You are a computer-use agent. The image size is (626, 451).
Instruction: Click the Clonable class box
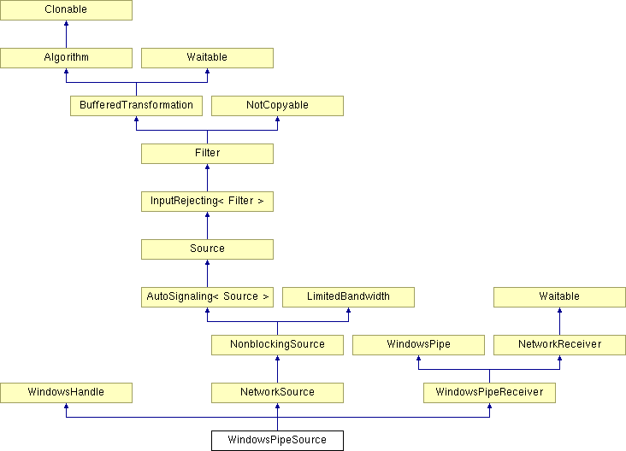click(66, 10)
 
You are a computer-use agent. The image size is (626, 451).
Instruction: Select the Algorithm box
click(66, 58)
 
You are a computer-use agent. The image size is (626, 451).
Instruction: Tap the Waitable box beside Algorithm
click(207, 58)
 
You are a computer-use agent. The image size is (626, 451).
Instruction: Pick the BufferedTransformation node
click(136, 106)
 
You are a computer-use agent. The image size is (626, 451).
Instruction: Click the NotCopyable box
click(277, 106)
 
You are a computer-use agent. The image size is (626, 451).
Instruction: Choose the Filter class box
click(207, 154)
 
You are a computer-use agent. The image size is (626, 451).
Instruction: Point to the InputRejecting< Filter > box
click(207, 202)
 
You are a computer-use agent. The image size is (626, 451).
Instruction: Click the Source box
click(207, 249)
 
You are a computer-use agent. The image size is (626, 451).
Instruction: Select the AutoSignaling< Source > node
click(207, 297)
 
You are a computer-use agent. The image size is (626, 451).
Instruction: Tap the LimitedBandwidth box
click(348, 297)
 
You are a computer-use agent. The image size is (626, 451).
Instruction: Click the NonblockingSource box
click(277, 345)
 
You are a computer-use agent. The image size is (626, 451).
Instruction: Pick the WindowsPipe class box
click(418, 345)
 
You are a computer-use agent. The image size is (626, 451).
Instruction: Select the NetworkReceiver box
click(559, 345)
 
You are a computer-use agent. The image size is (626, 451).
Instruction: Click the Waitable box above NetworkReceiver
click(559, 297)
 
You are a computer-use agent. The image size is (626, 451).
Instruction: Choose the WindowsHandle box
click(66, 393)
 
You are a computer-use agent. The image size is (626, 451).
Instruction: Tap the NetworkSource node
click(277, 393)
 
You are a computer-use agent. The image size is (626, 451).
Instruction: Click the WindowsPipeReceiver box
click(489, 393)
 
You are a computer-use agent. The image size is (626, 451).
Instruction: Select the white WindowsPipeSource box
click(277, 441)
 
